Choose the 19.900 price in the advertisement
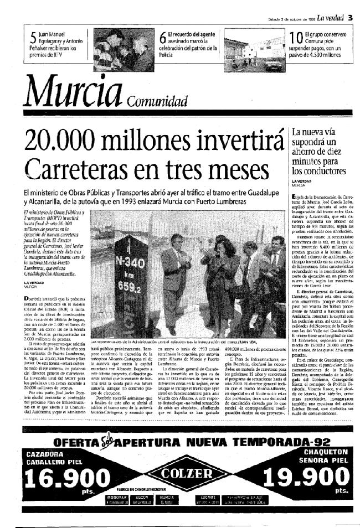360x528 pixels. pyautogui.click(x=301, y=478)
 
